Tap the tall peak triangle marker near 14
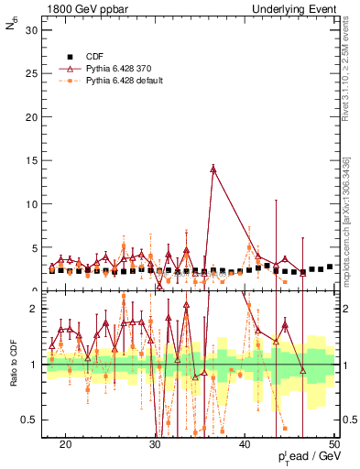click(x=213, y=169)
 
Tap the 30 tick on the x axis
click(x=156, y=442)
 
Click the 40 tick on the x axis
click(x=245, y=442)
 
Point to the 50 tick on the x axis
click(x=334, y=442)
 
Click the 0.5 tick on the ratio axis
click(x=33, y=420)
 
